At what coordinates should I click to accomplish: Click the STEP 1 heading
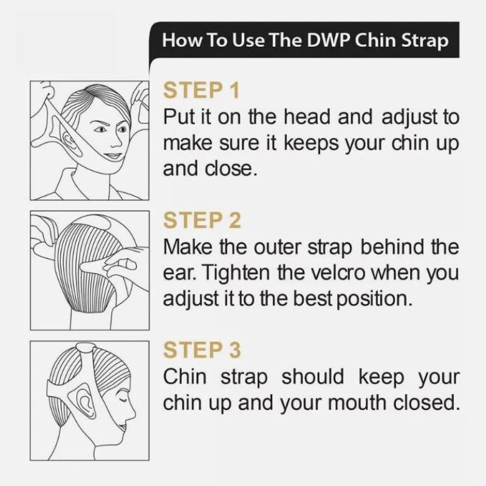coord(201,91)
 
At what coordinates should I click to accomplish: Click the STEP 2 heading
coord(202,220)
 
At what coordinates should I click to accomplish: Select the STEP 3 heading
coord(202,350)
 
